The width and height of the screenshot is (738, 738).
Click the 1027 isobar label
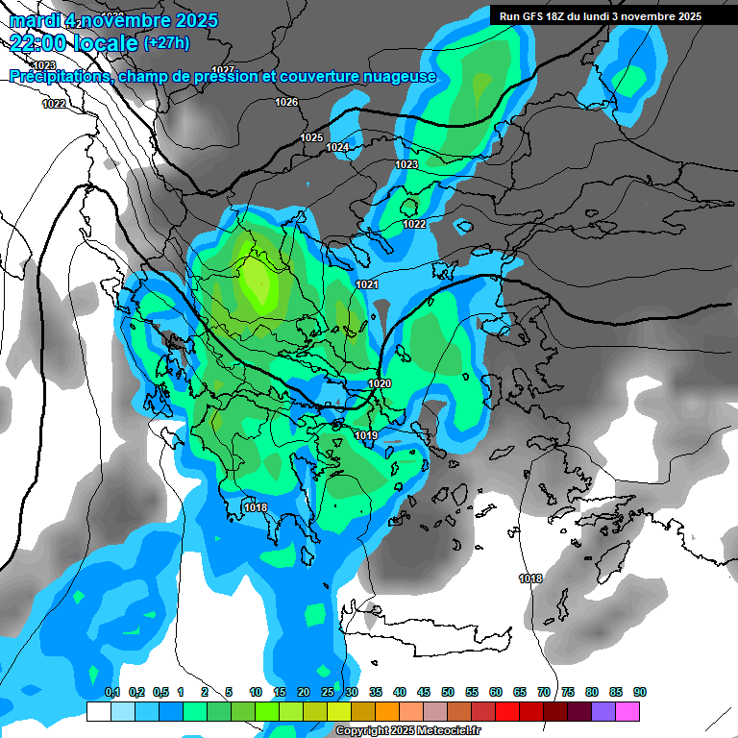(x=223, y=70)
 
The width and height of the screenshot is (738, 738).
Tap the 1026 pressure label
(x=286, y=102)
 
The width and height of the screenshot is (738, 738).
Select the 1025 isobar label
(x=311, y=138)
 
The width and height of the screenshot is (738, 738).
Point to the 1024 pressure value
(x=337, y=148)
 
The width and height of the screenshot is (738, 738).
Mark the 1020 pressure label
(x=380, y=384)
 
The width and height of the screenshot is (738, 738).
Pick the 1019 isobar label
(x=365, y=436)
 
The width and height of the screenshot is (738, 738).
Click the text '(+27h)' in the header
(x=167, y=42)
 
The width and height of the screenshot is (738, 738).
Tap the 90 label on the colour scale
(x=639, y=693)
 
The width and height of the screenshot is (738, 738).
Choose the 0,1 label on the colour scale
(x=111, y=693)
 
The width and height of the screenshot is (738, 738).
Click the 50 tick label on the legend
(x=447, y=693)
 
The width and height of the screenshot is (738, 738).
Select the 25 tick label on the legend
(x=327, y=693)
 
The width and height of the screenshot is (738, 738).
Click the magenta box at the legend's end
(x=627, y=711)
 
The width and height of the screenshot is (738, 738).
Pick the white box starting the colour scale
(x=98, y=711)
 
